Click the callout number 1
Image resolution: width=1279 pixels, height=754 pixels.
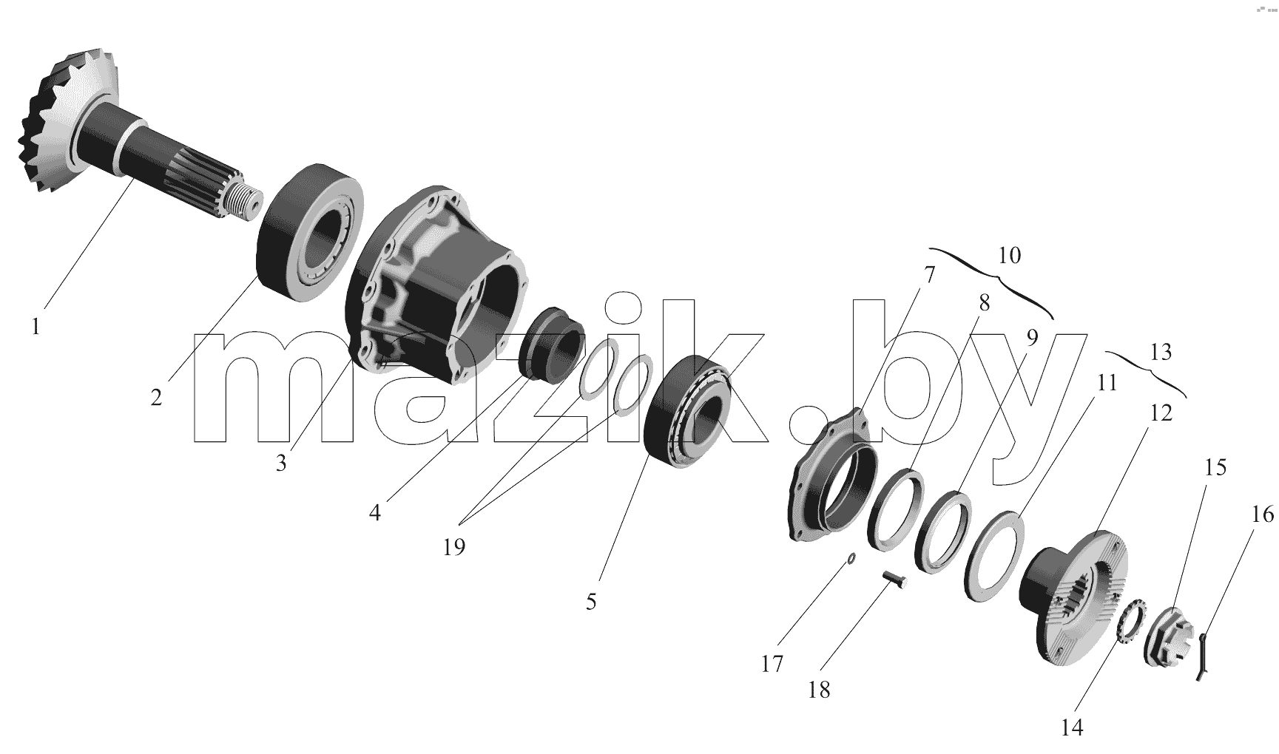coord(36,326)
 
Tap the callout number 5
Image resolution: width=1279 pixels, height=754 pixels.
coord(590,602)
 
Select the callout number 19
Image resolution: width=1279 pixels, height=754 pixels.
coord(454,547)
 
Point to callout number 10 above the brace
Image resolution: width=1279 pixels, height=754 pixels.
coord(1009,256)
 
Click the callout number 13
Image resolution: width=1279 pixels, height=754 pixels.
coord(1161,353)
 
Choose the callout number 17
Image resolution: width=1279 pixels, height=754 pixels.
coord(772,665)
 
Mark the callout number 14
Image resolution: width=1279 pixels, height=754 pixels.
coord(1072,727)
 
